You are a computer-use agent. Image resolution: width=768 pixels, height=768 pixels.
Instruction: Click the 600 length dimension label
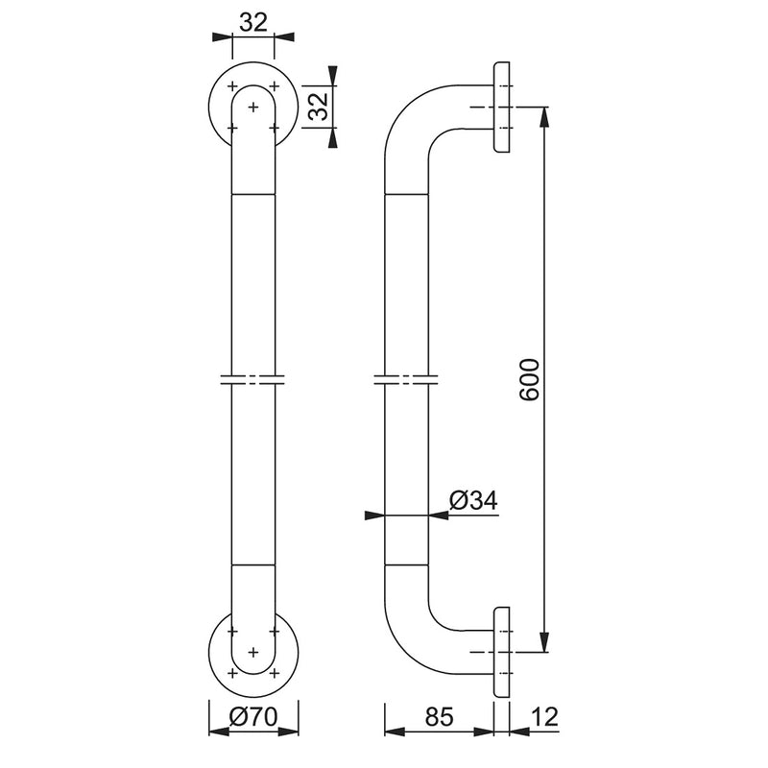point(530,379)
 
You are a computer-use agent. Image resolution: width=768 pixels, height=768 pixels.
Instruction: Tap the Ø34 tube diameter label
point(473,500)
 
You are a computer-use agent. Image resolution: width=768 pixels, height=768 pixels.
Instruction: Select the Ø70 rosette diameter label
point(253,717)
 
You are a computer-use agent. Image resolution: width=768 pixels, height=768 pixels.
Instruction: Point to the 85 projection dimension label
point(439,717)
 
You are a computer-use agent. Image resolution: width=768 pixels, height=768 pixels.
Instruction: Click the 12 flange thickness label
point(544,717)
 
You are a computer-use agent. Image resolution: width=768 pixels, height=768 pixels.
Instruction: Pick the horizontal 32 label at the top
point(253,22)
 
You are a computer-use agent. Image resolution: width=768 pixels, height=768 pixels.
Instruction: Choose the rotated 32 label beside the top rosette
point(320,107)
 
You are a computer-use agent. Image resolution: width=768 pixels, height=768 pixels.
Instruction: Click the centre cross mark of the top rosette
point(253,107)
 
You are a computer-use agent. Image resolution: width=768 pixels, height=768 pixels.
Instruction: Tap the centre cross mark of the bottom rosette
point(253,652)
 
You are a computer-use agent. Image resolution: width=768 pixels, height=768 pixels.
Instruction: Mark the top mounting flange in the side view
point(501,107)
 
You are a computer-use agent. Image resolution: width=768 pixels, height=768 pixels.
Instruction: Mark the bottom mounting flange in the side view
point(501,652)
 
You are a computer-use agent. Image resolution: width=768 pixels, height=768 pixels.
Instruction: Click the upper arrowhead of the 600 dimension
point(543,116)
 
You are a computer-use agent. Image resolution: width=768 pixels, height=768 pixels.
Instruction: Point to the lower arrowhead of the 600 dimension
point(543,642)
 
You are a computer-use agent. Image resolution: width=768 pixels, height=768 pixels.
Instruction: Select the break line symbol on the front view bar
point(252,379)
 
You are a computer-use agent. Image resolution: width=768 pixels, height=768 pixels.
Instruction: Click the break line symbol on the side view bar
point(406,379)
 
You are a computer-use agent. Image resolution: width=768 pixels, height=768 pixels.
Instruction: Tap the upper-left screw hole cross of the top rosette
point(232,86)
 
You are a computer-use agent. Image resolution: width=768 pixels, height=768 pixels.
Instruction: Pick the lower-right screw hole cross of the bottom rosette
point(275,673)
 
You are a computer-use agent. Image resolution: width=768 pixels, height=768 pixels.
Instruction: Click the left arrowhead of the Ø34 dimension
point(375,516)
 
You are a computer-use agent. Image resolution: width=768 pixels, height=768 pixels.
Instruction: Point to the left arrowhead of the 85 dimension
point(395,732)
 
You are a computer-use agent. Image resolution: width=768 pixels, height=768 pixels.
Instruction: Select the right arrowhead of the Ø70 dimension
point(289,732)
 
